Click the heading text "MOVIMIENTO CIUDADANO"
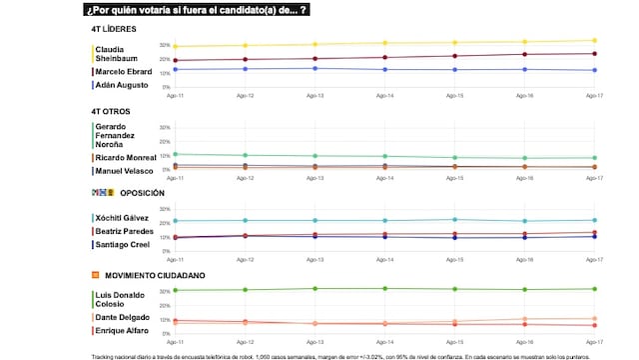pyautogui.click(x=151, y=274)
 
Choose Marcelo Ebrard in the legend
pyautogui.click(x=123, y=72)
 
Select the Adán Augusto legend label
pyautogui.click(x=120, y=86)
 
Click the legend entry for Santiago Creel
pyautogui.click(x=121, y=244)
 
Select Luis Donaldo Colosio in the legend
pyautogui.click(x=119, y=299)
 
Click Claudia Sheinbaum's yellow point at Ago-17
pyautogui.click(x=595, y=41)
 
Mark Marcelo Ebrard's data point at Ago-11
pyautogui.click(x=175, y=61)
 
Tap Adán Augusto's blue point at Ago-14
pyautogui.click(x=384, y=69)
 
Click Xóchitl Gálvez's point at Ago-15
pyautogui.click(x=454, y=219)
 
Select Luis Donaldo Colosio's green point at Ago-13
pyautogui.click(x=315, y=288)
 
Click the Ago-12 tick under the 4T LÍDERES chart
pyautogui.click(x=245, y=96)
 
